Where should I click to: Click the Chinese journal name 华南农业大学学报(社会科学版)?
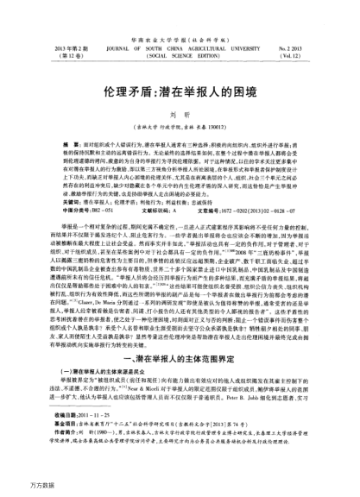179,16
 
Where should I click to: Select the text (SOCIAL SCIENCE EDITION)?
179,35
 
